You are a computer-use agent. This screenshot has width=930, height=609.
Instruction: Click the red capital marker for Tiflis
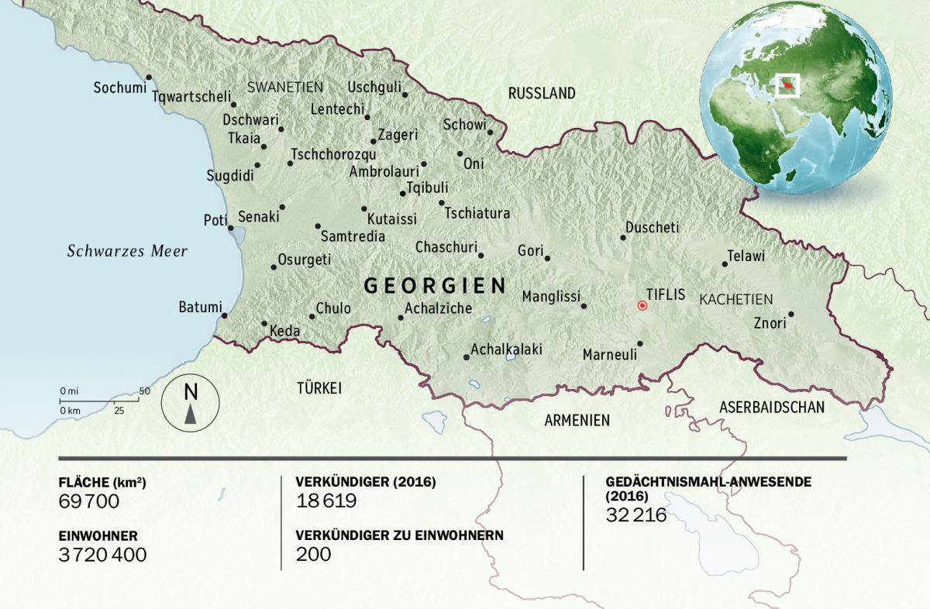[x=642, y=305]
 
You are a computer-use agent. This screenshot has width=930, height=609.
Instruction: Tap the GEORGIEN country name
[x=435, y=286]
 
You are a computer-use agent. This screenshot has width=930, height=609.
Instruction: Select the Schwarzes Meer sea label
[x=127, y=251]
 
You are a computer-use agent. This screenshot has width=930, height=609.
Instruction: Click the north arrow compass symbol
[x=191, y=404]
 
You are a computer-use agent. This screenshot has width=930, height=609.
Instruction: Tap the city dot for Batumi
[x=224, y=315]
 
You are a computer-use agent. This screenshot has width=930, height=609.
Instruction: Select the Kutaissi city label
[x=391, y=218]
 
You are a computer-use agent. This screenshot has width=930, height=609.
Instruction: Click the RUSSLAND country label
[x=542, y=94]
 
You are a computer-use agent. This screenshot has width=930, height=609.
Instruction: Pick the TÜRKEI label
[x=319, y=388]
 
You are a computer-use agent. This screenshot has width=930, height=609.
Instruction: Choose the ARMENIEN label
[x=577, y=421]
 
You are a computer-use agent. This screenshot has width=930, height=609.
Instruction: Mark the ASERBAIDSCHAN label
[x=771, y=407]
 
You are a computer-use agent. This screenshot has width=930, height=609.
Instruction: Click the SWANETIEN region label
[x=284, y=87]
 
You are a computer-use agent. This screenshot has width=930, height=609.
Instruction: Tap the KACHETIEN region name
[x=735, y=299]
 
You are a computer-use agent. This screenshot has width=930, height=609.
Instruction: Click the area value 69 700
[x=89, y=501]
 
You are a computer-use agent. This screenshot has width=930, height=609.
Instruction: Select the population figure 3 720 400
[x=102, y=554]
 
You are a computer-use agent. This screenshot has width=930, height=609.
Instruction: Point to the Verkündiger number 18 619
[x=326, y=501]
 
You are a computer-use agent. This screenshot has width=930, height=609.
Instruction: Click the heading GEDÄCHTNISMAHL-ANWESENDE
[x=708, y=481]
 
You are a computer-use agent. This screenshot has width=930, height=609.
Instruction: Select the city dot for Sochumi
[x=148, y=77]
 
